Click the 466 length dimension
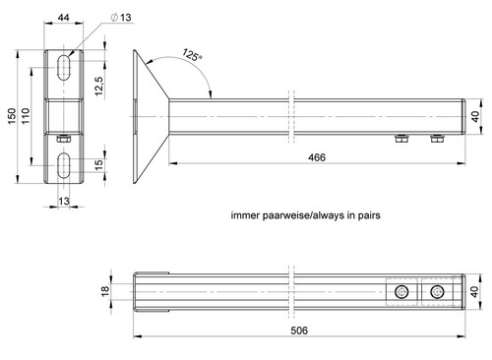(317, 157)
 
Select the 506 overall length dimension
(299, 330)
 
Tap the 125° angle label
(192, 55)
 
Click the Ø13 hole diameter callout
(121, 17)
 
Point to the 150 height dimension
(12, 116)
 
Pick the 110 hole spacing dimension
(26, 116)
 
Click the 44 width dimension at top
(63, 18)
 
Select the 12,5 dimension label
(99, 86)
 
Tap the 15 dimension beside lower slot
(98, 164)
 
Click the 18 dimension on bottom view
(105, 291)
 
